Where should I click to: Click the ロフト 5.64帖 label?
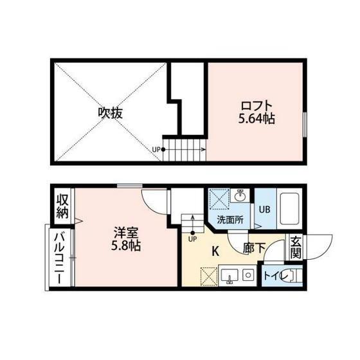tap(256, 113)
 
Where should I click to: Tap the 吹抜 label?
tap(110, 113)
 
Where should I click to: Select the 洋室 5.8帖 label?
tap(126, 239)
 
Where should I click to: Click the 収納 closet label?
tap(63, 206)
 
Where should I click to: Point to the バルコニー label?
tap(59, 258)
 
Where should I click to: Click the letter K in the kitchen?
tap(215, 251)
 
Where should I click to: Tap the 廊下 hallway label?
tap(255, 248)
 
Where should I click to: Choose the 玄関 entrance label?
tap(296, 248)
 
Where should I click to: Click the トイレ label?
tap(276, 276)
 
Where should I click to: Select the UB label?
tap(265, 210)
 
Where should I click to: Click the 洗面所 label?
tap(230, 220)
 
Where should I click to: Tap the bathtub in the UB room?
tap(289, 208)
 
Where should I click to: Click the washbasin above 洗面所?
tap(240, 195)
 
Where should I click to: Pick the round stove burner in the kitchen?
tap(248, 275)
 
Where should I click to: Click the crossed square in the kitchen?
tap(209, 276)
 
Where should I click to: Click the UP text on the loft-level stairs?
tap(156, 150)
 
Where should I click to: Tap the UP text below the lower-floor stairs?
tap(193, 239)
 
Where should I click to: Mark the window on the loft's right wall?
tap(305, 125)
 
